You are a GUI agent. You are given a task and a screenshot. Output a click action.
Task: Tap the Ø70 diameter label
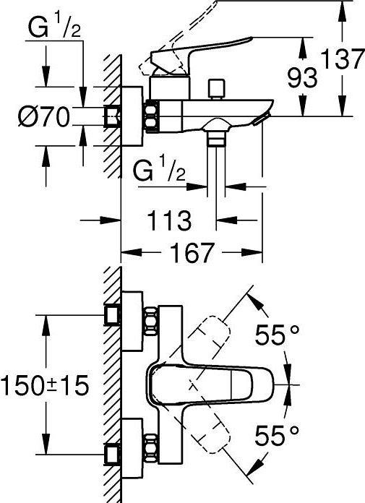(44, 116)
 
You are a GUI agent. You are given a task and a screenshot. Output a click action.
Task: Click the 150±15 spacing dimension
(44, 384)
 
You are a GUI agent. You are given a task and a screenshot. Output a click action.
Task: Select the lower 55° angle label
(279, 434)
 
